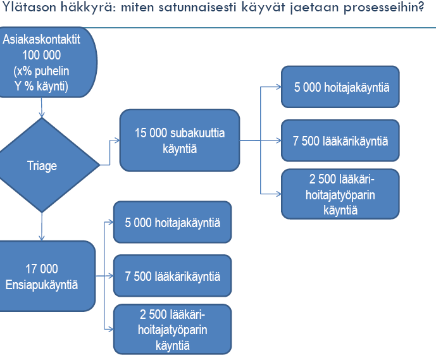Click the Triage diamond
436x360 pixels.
(x=42, y=165)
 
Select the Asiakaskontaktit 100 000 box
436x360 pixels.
(x=47, y=62)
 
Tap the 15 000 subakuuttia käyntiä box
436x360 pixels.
(x=180, y=140)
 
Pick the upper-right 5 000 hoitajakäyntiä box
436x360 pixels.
(x=340, y=87)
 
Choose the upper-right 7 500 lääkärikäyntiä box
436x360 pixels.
(x=340, y=140)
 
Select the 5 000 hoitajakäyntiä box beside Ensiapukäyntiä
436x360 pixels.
(x=172, y=223)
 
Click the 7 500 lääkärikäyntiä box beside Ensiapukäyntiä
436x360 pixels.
(x=172, y=276)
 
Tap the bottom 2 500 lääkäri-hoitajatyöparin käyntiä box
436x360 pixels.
(x=172, y=330)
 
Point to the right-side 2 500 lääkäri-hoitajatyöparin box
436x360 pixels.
(x=340, y=194)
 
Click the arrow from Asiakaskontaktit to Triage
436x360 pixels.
(x=42, y=108)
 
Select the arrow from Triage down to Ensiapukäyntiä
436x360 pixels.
(x=42, y=227)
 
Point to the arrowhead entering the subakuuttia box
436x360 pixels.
(x=117, y=140)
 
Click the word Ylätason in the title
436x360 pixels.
(x=29, y=7)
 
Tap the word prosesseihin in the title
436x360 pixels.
(x=383, y=7)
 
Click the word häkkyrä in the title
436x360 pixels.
(x=88, y=7)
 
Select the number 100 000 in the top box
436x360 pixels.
(x=41, y=55)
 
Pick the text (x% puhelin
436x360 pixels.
(x=41, y=71)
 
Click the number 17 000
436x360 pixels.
(x=42, y=269)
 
